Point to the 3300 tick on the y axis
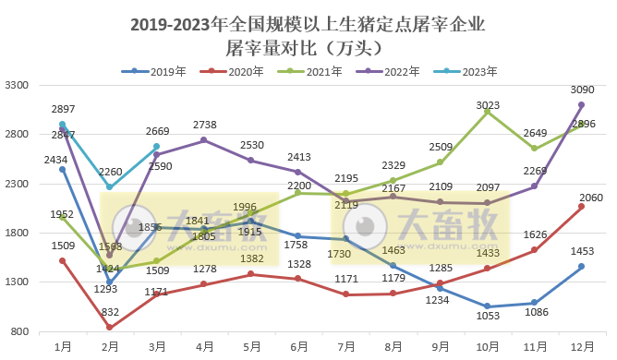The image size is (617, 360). (20, 86)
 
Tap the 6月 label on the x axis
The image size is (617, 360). (298, 345)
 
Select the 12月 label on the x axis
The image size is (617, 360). (581, 345)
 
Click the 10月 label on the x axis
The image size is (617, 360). (487, 345)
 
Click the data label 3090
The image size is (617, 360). (582, 90)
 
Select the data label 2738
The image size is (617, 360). (205, 125)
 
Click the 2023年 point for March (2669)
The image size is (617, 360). (156, 147)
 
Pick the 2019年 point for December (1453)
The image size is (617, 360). (581, 267)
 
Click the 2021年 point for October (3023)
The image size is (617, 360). (487, 112)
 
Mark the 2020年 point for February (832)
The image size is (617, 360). (109, 328)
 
